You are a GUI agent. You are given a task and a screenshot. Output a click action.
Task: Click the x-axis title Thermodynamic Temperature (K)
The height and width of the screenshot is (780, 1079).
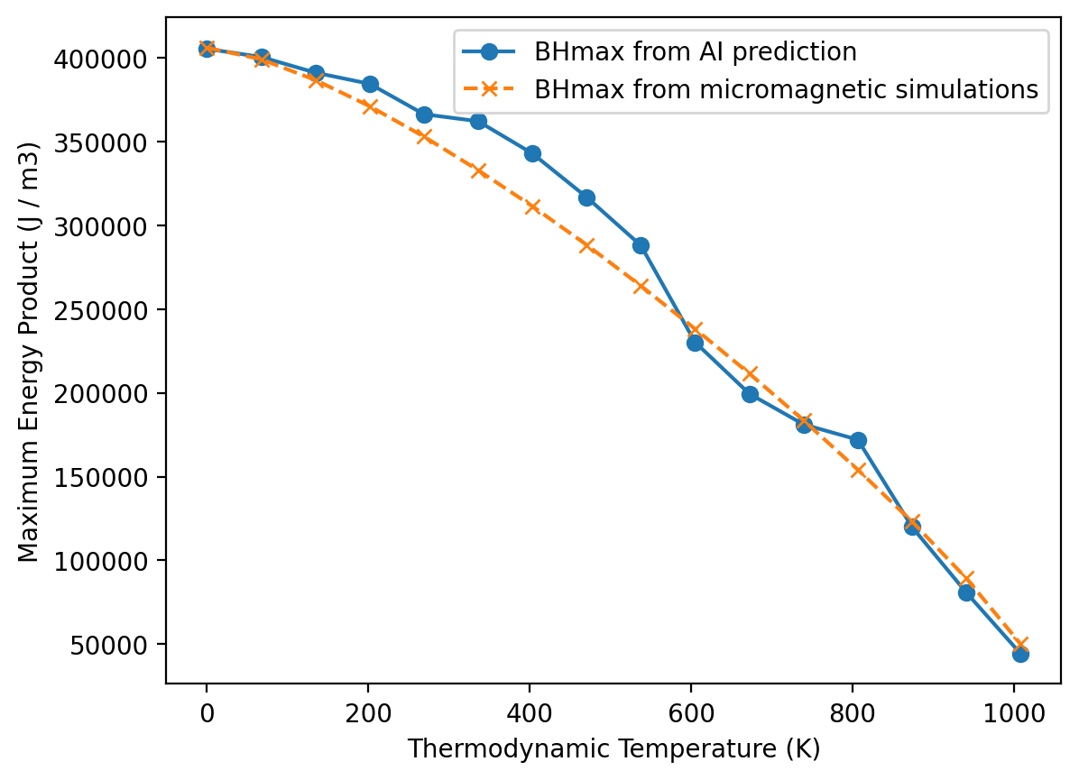tap(613, 749)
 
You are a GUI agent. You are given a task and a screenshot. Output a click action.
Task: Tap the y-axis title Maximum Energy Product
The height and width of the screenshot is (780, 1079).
tap(30, 351)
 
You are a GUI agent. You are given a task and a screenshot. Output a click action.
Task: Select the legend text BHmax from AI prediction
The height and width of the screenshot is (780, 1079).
tap(695, 52)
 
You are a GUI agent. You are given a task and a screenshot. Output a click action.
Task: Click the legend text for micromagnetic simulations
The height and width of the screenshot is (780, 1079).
tap(786, 89)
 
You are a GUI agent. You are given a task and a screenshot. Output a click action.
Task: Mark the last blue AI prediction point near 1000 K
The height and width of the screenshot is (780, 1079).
tap(1020, 654)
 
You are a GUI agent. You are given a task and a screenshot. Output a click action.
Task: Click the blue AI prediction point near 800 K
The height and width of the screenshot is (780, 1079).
tap(858, 440)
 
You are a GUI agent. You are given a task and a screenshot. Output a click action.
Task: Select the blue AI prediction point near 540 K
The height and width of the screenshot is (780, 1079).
tap(641, 245)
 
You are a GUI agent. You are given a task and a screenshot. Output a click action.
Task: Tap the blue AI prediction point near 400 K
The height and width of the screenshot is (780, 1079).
tap(532, 153)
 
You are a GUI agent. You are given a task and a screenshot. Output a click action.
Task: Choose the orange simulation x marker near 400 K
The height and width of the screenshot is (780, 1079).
tap(532, 206)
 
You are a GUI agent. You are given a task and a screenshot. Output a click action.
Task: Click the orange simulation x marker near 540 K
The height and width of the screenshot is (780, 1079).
tap(641, 286)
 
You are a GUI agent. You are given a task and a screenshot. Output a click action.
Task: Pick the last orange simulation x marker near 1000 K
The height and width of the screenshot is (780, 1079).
tap(1020, 646)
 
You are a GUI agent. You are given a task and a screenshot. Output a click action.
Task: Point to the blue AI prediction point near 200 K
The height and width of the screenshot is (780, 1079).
tap(370, 84)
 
